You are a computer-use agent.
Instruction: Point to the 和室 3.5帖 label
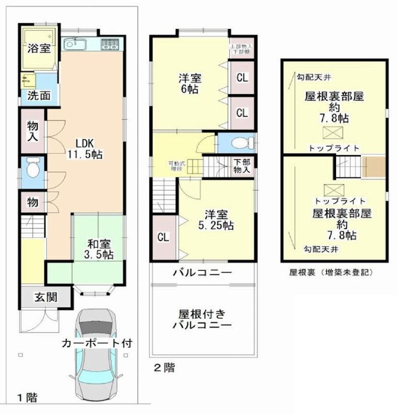[100, 248]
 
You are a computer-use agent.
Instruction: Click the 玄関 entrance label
[45, 298]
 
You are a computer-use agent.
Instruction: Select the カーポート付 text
[98, 343]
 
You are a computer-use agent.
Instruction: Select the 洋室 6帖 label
[190, 83]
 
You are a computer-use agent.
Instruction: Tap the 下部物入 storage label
[241, 166]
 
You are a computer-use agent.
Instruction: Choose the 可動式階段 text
[175, 166]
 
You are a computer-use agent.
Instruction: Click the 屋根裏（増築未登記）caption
[331, 272]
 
